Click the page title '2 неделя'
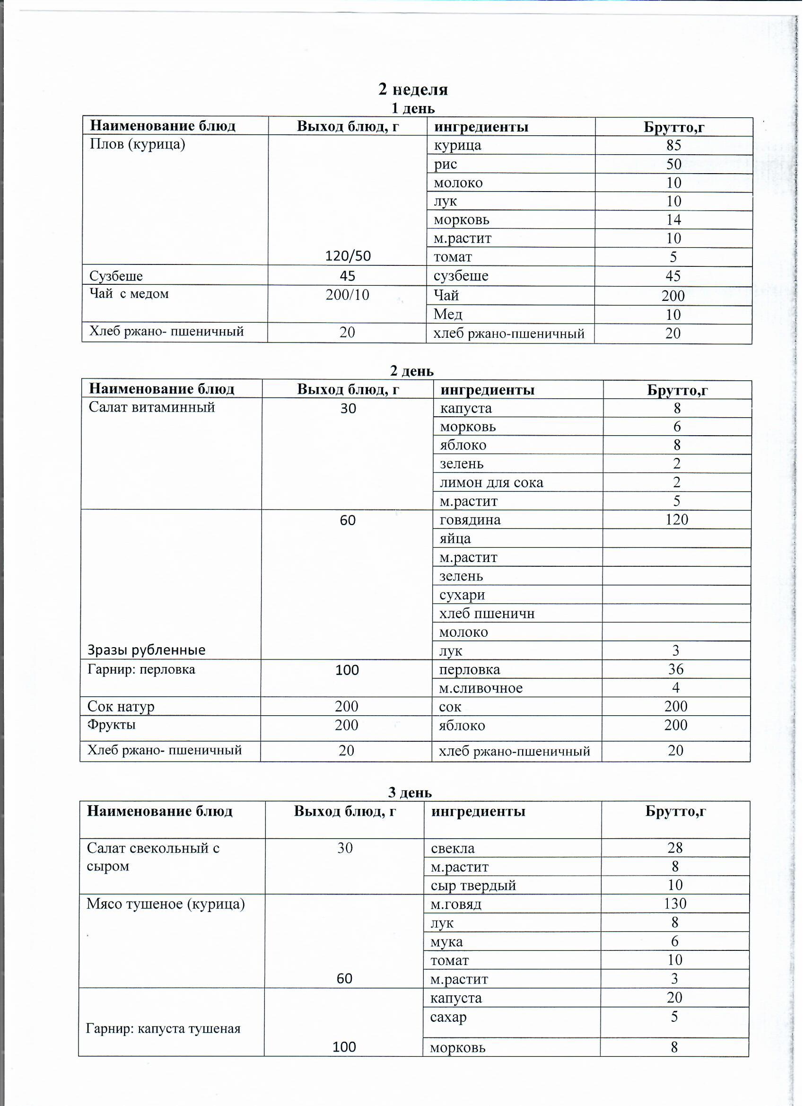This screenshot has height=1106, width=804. [x=413, y=89]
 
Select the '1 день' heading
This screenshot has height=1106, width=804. [x=413, y=108]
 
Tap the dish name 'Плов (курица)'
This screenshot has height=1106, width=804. [x=138, y=144]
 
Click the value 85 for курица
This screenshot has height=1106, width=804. [x=674, y=145]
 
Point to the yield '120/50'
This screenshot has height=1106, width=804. [x=348, y=256]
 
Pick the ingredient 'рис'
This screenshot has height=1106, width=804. [x=446, y=164]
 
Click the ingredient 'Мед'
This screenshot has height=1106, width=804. [x=448, y=315]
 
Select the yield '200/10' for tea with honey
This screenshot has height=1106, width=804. [x=348, y=295]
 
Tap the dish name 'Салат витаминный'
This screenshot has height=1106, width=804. [x=152, y=407]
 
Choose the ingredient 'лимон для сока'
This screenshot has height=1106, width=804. [x=491, y=483]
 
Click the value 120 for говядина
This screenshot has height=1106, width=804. [x=677, y=520]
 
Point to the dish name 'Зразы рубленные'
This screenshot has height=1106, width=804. [x=146, y=650]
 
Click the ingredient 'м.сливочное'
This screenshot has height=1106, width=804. [x=481, y=689]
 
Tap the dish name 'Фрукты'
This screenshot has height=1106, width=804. [x=112, y=725]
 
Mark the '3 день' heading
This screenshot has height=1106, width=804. [x=410, y=793]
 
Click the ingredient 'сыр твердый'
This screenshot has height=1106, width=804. [x=473, y=886]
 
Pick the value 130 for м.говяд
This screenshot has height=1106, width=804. [x=675, y=904]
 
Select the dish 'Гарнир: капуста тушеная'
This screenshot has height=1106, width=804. [x=163, y=1029]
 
